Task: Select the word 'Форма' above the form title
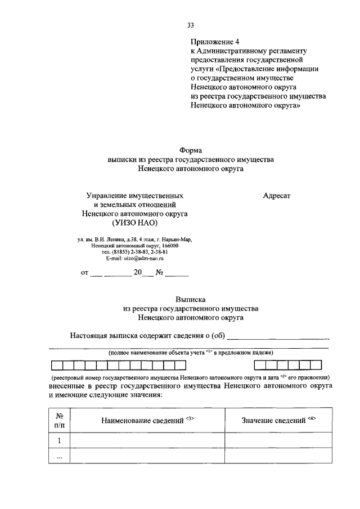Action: point(190,150)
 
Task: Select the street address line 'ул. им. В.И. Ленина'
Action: point(134,240)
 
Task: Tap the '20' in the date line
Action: point(137,274)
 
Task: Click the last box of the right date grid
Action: point(324,364)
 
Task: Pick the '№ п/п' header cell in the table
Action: point(59,420)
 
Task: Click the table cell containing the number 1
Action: point(59,441)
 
